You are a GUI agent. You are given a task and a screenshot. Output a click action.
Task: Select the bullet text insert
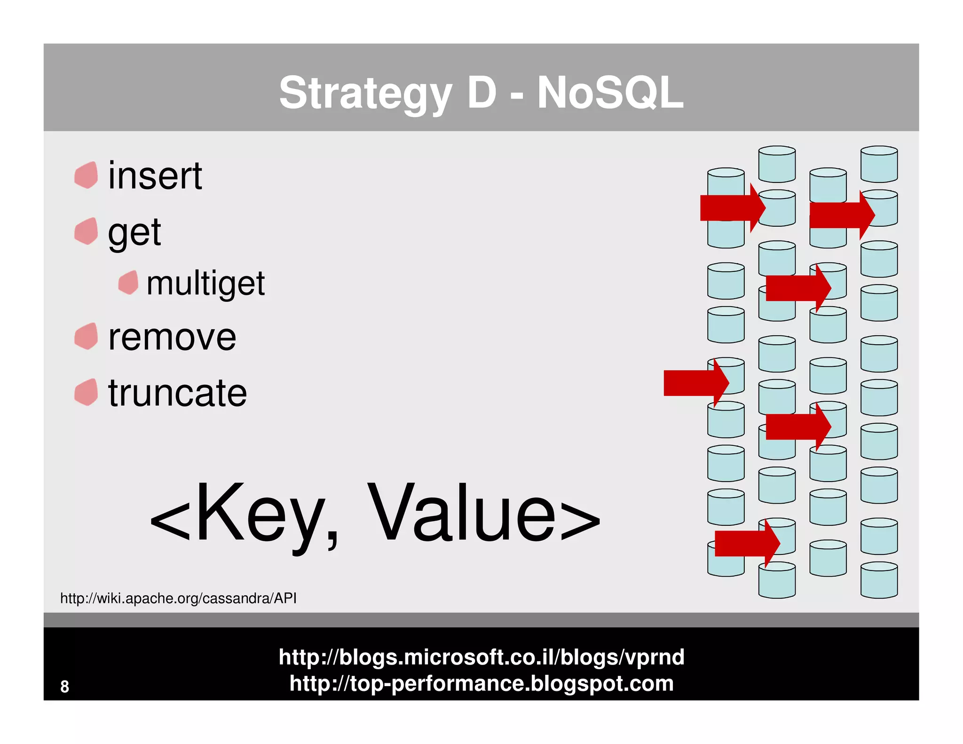pyautogui.click(x=155, y=176)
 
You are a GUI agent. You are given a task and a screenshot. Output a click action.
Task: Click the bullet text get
pyautogui.click(x=134, y=232)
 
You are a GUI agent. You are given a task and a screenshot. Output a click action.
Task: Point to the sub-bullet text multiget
pyautogui.click(x=205, y=284)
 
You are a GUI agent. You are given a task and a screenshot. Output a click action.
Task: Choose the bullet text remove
pyautogui.click(x=172, y=338)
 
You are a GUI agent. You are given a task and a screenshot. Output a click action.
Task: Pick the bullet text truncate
pyautogui.click(x=177, y=393)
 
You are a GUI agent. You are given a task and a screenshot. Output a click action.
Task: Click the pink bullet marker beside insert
pyautogui.click(x=86, y=175)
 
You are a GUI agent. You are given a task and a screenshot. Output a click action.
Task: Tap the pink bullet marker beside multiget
pyautogui.click(x=128, y=283)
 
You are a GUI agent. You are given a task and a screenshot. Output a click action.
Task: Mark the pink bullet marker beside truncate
pyautogui.click(x=86, y=392)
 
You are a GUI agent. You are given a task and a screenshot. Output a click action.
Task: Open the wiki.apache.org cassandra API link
pyautogui.click(x=178, y=598)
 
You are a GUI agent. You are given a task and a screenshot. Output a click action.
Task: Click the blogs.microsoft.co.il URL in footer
pyautogui.click(x=481, y=657)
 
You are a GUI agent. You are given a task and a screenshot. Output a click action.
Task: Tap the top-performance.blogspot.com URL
pyautogui.click(x=481, y=683)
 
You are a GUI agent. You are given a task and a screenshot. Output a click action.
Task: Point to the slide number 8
pyautogui.click(x=64, y=687)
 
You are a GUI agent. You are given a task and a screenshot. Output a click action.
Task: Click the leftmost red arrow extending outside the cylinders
pyautogui.click(x=694, y=383)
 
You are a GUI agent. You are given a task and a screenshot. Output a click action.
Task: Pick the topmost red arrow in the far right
pyautogui.click(x=840, y=215)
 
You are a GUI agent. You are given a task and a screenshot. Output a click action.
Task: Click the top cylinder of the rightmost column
pyautogui.click(x=879, y=164)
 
